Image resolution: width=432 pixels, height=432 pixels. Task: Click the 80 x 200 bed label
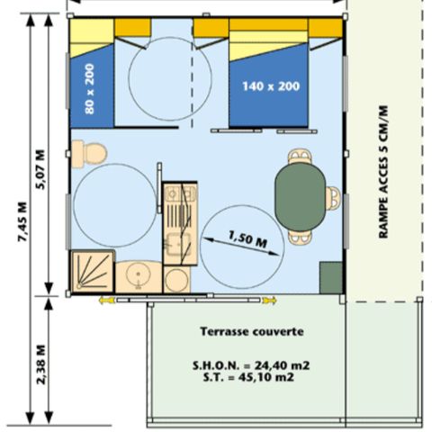[90, 89]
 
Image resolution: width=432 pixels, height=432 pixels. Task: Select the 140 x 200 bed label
[271, 86]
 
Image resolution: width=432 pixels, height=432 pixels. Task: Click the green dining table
[301, 197]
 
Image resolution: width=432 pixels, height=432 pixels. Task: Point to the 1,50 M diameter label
[247, 239]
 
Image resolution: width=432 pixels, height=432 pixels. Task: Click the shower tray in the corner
[92, 271]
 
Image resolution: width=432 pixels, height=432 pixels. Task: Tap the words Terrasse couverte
[252, 331]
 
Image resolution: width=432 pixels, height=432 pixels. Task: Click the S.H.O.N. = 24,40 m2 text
[251, 365]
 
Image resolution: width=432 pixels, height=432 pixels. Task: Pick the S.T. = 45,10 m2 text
[248, 377]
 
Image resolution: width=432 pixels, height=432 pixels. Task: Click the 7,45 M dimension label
[22, 221]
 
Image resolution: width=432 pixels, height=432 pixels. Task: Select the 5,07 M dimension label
[40, 169]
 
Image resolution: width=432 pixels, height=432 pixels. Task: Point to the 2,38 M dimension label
[40, 364]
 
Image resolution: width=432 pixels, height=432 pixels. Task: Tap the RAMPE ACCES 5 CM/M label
[383, 172]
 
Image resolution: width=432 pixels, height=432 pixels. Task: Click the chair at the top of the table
[300, 157]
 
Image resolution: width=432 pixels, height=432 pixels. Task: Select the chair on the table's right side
[333, 197]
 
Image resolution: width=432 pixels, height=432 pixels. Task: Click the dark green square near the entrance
[331, 277]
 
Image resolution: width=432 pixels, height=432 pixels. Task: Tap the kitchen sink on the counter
[178, 245]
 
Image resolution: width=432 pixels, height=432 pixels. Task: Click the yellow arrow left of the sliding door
[107, 300]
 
